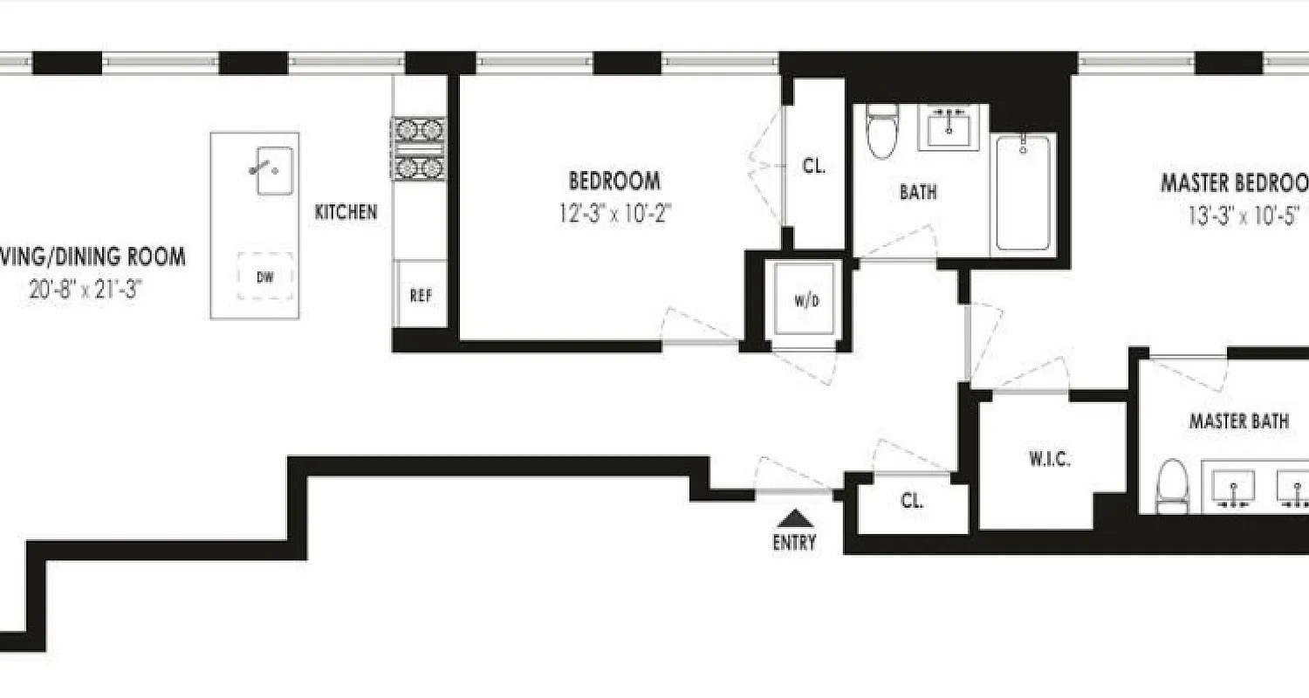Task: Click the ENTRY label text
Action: click(x=794, y=543)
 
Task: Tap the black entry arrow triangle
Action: click(x=794, y=518)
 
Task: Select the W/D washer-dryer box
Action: click(x=805, y=302)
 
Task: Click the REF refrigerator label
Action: click(x=421, y=296)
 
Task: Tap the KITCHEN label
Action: click(x=346, y=211)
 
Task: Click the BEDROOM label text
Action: click(x=614, y=181)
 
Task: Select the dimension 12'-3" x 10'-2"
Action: click(x=614, y=212)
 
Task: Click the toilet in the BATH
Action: click(x=881, y=132)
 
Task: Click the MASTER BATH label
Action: click(x=1239, y=421)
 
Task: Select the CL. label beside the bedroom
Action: click(x=813, y=166)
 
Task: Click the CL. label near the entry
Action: click(x=912, y=502)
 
